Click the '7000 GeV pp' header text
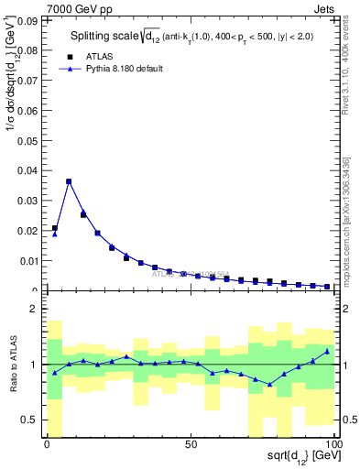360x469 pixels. (79, 7)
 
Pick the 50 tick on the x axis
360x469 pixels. (191, 444)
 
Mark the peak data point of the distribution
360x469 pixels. (69, 181)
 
